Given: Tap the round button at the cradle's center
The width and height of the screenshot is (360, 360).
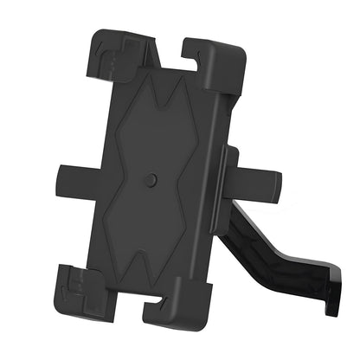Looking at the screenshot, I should [x=152, y=180].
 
